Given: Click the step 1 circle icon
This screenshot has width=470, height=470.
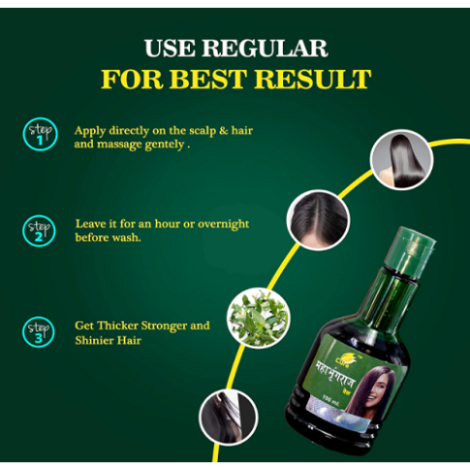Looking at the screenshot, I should pyautogui.click(x=40, y=134).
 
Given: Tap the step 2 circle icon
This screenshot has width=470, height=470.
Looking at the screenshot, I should pyautogui.click(x=40, y=230).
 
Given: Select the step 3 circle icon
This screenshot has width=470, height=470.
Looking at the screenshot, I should pyautogui.click(x=40, y=330).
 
